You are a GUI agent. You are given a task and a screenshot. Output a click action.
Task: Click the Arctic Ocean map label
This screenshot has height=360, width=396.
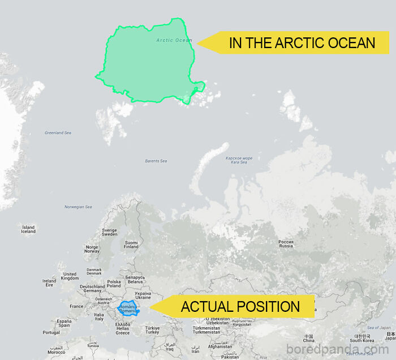click(x=174, y=40)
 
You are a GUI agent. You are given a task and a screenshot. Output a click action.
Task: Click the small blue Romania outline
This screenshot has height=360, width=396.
click(x=128, y=309)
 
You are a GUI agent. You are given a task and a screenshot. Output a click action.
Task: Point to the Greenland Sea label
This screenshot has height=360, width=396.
click(x=58, y=133)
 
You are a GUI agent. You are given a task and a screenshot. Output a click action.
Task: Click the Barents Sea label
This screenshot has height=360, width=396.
click(x=156, y=161)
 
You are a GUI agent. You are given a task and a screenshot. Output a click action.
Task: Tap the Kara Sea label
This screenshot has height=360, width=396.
click(x=239, y=160)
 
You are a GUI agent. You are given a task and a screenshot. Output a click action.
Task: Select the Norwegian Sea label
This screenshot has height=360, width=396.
click(x=78, y=207)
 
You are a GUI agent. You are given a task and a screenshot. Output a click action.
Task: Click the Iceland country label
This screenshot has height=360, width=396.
click(x=28, y=229)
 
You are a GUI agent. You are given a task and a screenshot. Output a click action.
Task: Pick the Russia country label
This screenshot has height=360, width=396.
click(x=286, y=244)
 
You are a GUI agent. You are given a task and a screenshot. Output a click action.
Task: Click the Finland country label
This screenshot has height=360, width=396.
click(x=131, y=245)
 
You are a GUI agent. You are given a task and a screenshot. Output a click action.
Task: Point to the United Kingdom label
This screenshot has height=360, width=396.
click(x=70, y=276)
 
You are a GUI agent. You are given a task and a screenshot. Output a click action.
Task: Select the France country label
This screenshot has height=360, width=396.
click(x=76, y=306)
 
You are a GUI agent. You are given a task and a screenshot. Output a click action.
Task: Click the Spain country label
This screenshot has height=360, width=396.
click(x=64, y=323)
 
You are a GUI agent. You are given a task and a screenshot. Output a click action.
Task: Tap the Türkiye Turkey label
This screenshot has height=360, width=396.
click(x=152, y=330)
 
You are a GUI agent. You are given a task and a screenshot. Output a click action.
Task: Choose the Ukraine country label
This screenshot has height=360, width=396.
click(x=143, y=295)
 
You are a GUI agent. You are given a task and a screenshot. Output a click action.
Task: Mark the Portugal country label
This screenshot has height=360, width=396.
click(x=51, y=332)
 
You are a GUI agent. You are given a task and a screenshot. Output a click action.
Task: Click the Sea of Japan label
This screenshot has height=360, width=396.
click(x=378, y=328)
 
